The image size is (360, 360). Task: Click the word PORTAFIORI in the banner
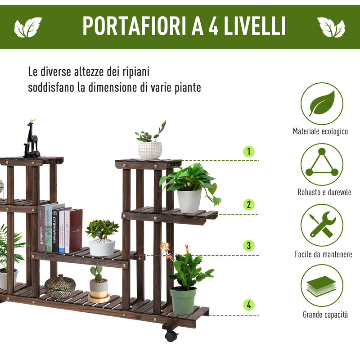click(135, 27)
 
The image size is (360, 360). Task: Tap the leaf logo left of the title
click(28, 27)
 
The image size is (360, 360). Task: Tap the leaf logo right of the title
click(331, 27)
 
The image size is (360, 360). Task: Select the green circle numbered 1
click(248, 152)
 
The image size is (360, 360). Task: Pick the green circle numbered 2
click(248, 205)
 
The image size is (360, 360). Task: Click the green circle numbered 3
click(248, 246)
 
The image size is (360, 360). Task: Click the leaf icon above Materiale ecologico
click(322, 103)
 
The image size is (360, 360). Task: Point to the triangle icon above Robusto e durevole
click(322, 164)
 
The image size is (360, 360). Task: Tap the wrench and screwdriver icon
click(322, 225)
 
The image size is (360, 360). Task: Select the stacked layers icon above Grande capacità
click(322, 285)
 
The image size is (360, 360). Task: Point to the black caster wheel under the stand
click(171, 335)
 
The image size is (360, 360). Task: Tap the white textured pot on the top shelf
click(150, 150)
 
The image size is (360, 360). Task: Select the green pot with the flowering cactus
click(183, 300)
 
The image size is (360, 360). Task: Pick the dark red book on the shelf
click(76, 230)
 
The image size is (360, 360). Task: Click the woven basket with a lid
click(60, 286)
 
